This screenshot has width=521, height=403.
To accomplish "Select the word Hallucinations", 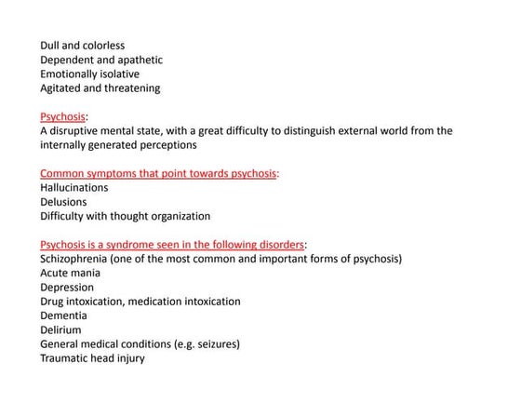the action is coord(73,187).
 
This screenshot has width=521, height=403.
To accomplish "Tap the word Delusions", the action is coord(63,201).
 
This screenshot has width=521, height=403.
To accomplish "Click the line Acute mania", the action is coord(71,273).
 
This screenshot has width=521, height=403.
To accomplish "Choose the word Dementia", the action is coord(63,316).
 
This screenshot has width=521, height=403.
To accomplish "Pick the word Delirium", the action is coord(60,329).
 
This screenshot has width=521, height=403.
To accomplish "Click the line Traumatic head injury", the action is coord(92,358).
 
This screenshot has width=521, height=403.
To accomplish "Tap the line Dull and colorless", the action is coord(82,46).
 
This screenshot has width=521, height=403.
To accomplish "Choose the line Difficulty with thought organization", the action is coord(125,216).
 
